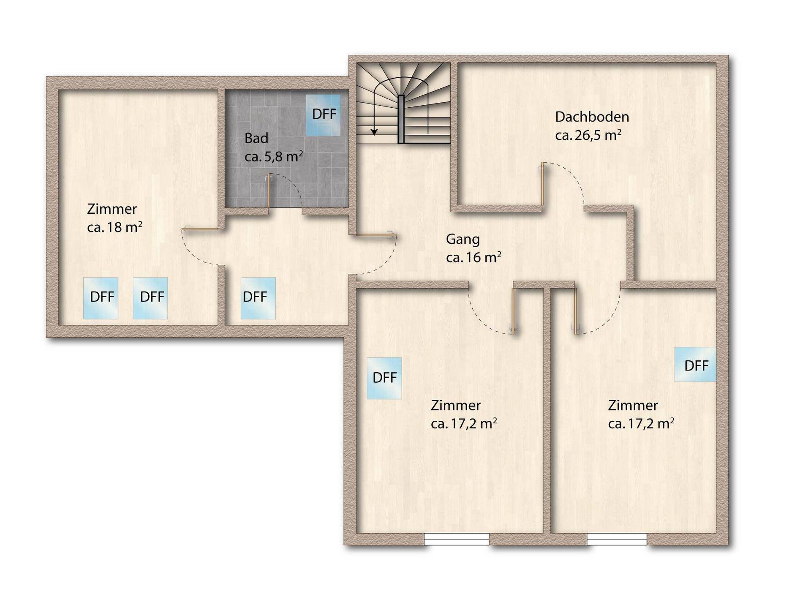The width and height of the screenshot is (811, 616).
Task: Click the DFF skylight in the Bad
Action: (x=323, y=115)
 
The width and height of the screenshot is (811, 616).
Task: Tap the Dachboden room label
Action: (x=592, y=117)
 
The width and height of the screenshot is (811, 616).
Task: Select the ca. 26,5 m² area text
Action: (x=588, y=135)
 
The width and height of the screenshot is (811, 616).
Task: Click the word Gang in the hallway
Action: (x=463, y=240)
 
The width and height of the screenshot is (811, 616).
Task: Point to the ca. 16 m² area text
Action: (x=474, y=257)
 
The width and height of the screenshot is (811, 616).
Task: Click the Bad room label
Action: (x=256, y=138)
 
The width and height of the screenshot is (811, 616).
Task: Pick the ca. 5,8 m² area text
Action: (x=274, y=156)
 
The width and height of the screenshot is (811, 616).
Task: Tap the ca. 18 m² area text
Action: (x=114, y=227)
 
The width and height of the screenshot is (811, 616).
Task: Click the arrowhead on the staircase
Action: (x=374, y=132)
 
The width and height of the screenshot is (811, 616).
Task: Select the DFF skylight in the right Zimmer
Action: (x=695, y=365)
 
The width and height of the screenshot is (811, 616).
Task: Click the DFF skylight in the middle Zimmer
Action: (x=384, y=378)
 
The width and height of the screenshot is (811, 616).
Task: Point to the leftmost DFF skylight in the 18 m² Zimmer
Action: (x=101, y=298)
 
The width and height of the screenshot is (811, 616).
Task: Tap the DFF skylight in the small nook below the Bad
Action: (x=258, y=298)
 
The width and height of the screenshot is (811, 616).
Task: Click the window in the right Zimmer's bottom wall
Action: (x=617, y=539)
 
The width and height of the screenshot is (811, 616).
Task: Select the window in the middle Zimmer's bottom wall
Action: (x=457, y=539)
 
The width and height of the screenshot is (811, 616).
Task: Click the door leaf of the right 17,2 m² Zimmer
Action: (x=576, y=311)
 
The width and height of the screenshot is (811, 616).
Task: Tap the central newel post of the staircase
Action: (x=401, y=119)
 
